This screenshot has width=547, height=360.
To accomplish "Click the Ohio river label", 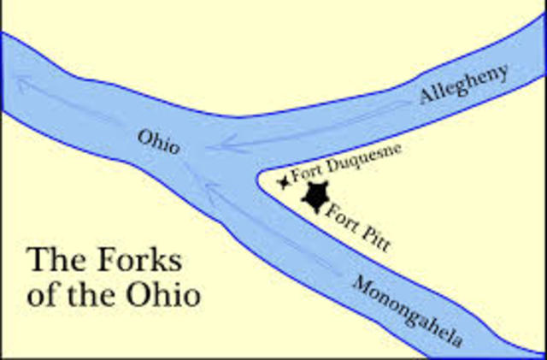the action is pyautogui.click(x=159, y=142).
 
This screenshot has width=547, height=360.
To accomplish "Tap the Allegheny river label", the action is pyautogui.click(x=464, y=85).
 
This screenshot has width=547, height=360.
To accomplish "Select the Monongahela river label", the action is pyautogui.click(x=409, y=313).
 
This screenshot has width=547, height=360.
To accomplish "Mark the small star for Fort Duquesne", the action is pyautogui.click(x=283, y=183).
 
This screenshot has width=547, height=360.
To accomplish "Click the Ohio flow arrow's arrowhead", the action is pyautogui.click(x=21, y=82).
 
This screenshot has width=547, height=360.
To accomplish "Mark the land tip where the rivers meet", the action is pyautogui.click(x=257, y=177).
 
